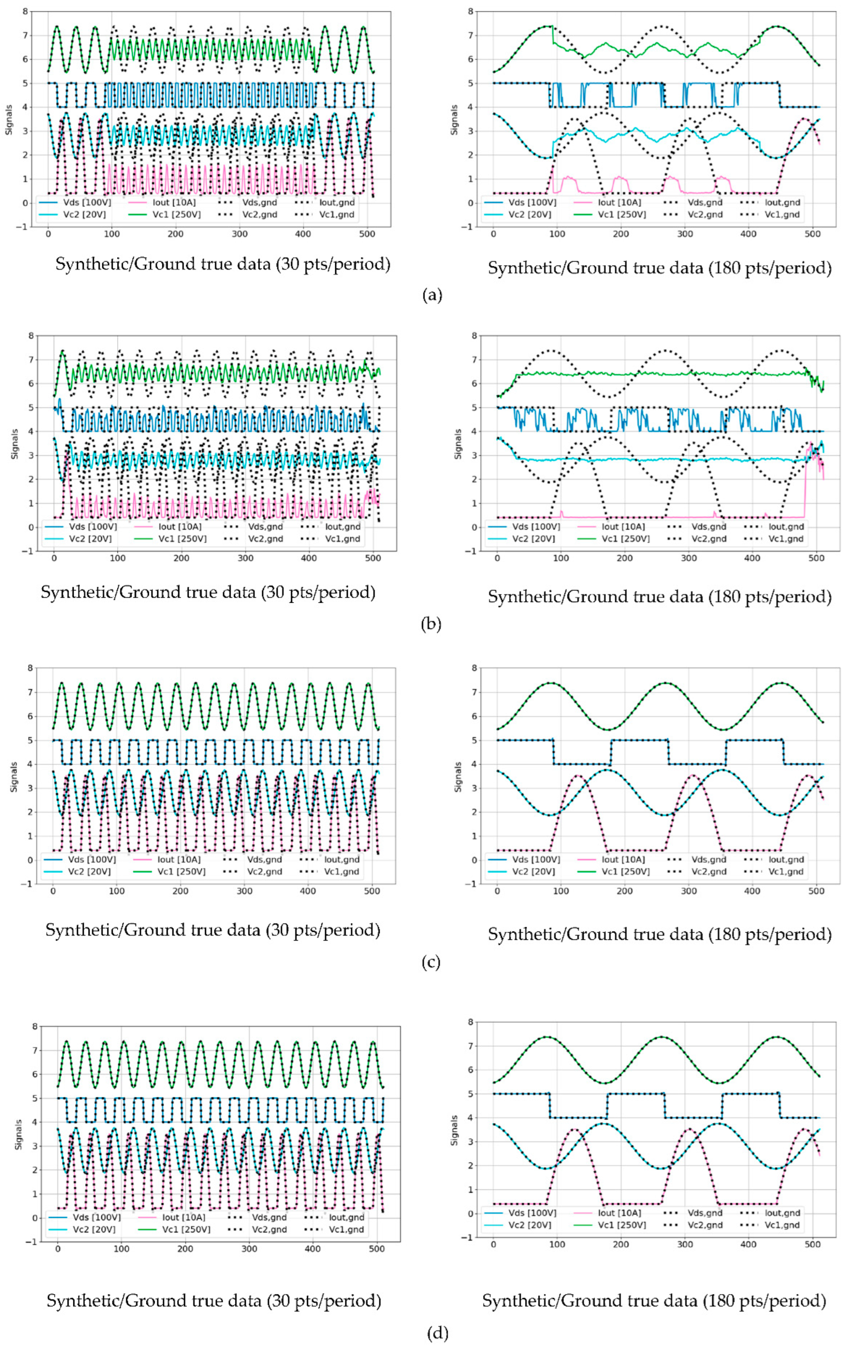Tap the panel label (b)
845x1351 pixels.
tap(431, 623)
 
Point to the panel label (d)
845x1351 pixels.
tap(437, 1333)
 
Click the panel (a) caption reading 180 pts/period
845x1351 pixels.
tap(659, 268)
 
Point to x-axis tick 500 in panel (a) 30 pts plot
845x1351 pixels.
tap(367, 234)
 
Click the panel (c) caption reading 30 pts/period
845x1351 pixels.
tap(212, 930)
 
